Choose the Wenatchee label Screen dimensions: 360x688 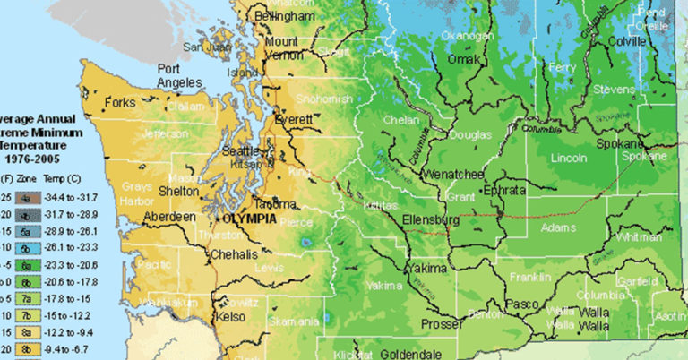click(454, 171)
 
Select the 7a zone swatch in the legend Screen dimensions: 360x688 click(28, 298)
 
